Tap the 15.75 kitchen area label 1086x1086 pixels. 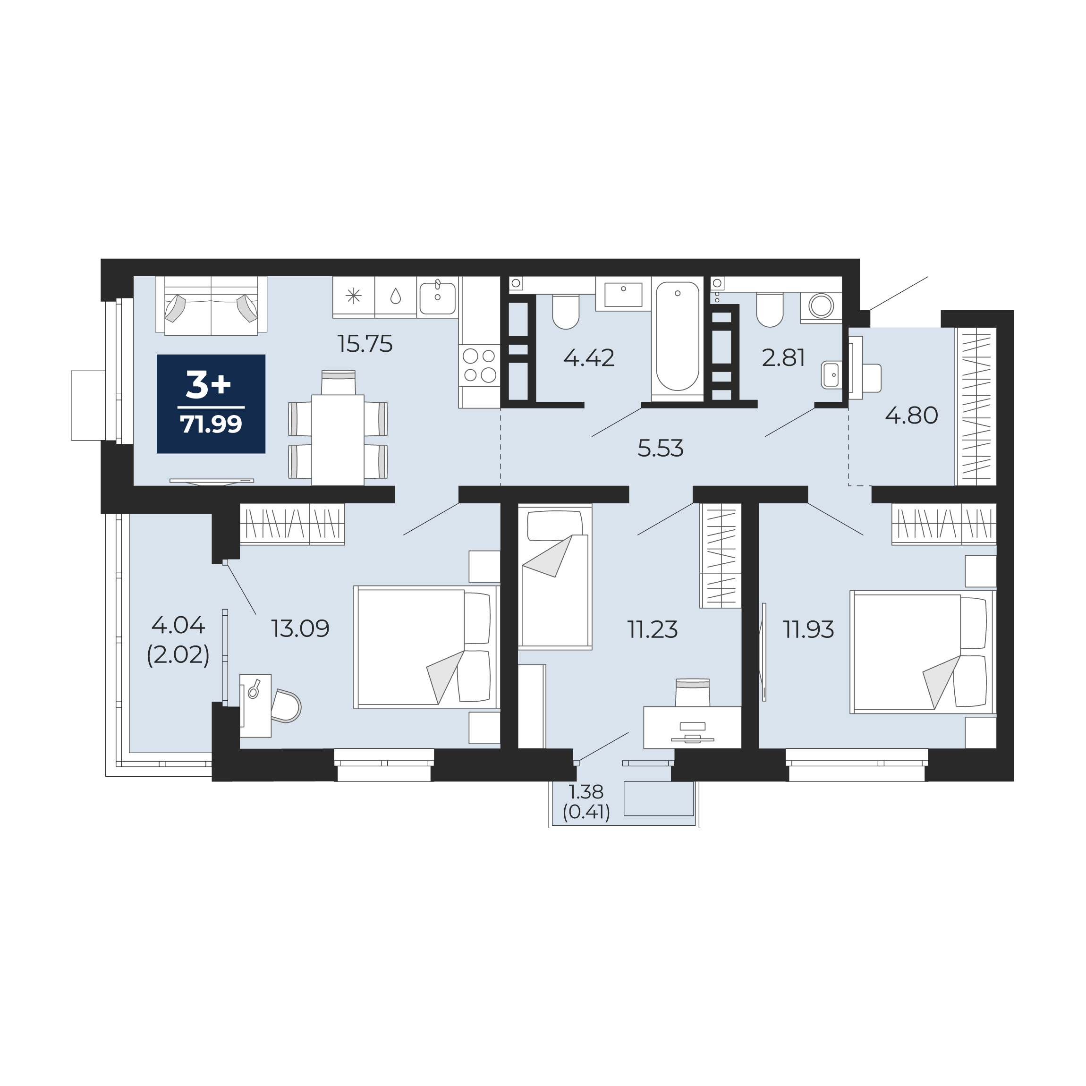[x=365, y=343]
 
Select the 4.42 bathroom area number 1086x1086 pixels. [x=589, y=357]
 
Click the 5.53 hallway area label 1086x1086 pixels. [x=661, y=448]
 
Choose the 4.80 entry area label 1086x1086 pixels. [x=912, y=416]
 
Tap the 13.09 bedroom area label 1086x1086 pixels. [x=300, y=628]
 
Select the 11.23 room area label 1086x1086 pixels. [x=652, y=629]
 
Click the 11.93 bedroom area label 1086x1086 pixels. [x=808, y=629]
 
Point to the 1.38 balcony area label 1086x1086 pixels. [x=586, y=791]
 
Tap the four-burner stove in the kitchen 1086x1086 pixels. [x=479, y=365]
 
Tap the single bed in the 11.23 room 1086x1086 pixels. [x=555, y=577]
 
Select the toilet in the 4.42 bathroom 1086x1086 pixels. [x=566, y=312]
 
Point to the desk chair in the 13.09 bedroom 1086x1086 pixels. [x=286, y=706]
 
